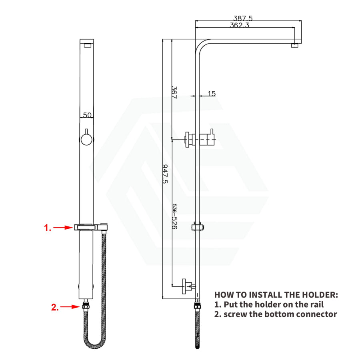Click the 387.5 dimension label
coord(243,18)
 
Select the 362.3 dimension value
coord(240,25)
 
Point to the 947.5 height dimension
coord(165,174)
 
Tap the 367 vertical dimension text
coord(174,92)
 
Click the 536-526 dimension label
coord(174,216)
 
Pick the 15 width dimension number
coord(212,94)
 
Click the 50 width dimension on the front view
coord(87,115)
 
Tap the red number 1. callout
coord(48,228)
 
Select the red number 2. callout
coord(55,307)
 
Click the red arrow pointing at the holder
coord(63,228)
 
